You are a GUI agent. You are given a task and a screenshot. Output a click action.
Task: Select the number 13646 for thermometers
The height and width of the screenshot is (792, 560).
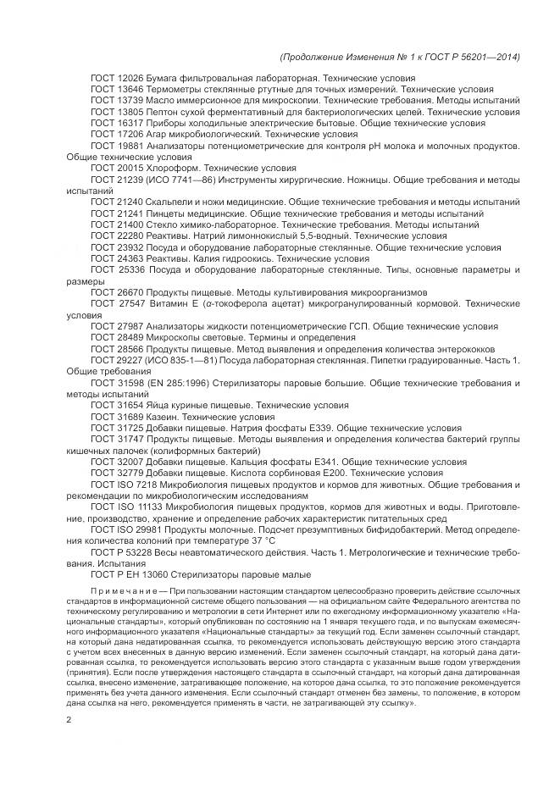pos(130,89)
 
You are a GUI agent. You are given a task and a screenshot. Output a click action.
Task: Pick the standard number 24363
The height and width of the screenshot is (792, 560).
pos(130,259)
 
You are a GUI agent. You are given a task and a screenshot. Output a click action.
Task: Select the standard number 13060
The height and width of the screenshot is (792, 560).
pos(146,575)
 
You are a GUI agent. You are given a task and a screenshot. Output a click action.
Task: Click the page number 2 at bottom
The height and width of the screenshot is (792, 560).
pos(69,720)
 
